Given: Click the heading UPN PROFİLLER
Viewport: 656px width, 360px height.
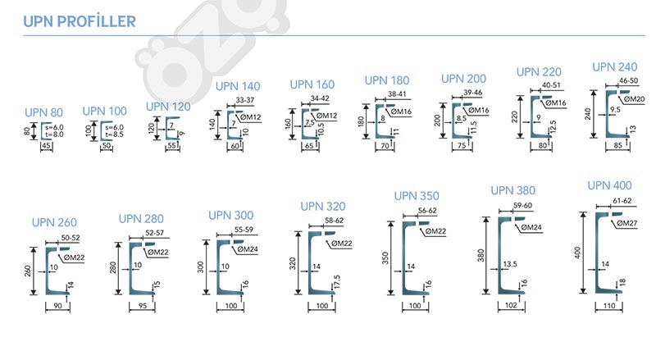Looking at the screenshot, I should pos(80,21).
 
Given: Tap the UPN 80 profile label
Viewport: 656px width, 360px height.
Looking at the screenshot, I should pos(43,112).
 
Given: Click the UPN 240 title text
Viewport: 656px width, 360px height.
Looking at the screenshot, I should pos(615,67).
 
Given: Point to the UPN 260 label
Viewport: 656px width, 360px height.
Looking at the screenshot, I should pos(55,222).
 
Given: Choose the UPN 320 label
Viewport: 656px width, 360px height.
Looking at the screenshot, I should pos(323,207).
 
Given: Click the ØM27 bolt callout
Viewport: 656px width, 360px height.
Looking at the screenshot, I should pos(626,223).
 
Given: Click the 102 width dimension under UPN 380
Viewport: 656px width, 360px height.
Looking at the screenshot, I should pos(512,305).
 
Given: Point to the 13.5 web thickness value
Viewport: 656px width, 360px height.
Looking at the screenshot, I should pos(508,265).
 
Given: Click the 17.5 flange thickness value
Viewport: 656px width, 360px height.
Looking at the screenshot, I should pos(337,281).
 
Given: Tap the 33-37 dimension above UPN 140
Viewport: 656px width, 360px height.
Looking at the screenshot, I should pos(244,99).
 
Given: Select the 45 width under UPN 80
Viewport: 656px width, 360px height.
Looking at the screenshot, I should pos(46,146).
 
